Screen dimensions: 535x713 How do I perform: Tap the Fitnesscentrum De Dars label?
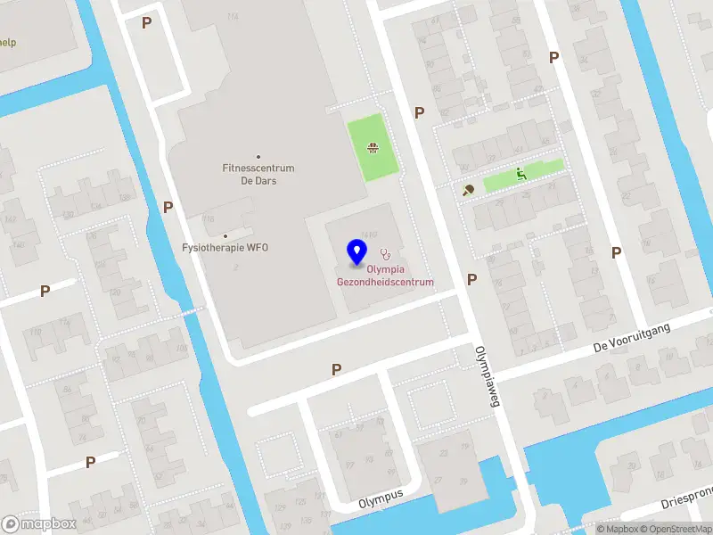point(258,174)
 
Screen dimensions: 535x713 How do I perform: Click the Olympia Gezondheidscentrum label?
point(385,276)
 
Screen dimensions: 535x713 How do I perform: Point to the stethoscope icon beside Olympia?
point(385,253)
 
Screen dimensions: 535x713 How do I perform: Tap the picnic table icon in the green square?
point(373,148)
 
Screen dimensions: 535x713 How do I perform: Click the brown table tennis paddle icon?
point(468,189)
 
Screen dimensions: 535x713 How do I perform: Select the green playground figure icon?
point(520,174)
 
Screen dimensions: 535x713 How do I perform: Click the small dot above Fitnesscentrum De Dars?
point(258,156)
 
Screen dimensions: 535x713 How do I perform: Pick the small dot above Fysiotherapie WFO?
point(225,235)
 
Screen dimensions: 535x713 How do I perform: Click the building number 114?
point(234,17)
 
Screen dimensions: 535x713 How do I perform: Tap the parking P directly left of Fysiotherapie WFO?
point(168,207)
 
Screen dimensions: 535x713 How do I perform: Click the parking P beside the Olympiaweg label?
point(471,279)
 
